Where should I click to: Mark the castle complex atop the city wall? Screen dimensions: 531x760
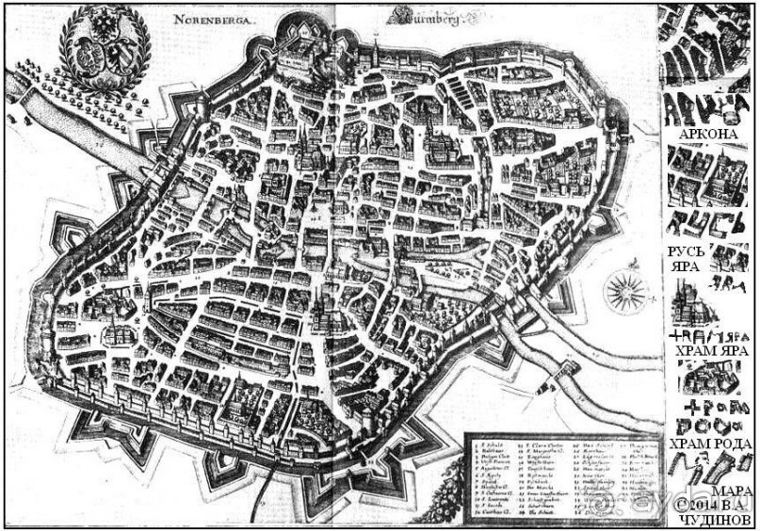pos(306,47)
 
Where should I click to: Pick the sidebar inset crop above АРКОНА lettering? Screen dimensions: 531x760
pos(698,47)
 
